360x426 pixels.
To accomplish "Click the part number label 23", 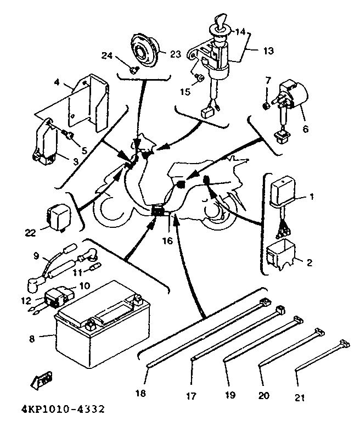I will pyautogui.click(x=175, y=54).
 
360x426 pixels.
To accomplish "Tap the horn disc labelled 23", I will pyautogui.click(x=145, y=50).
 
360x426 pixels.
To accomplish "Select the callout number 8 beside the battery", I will pyautogui.click(x=32, y=339).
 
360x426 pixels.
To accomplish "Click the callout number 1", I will pyautogui.click(x=312, y=197).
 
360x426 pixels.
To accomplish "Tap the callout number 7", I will pyautogui.click(x=268, y=81).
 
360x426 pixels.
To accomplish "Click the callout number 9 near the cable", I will pyautogui.click(x=36, y=256).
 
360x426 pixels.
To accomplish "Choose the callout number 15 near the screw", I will pyautogui.click(x=185, y=92).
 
